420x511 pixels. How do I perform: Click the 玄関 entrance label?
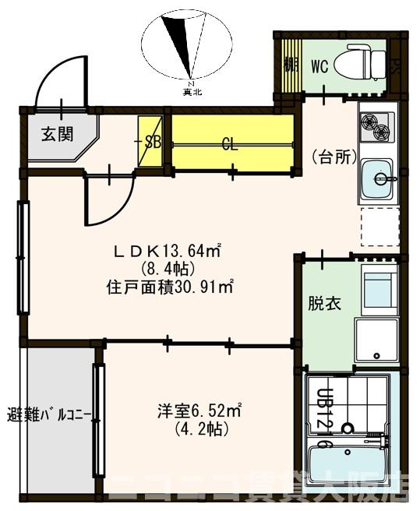(x=58, y=133)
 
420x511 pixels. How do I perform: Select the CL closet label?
(x=229, y=143)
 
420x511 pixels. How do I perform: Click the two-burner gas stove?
(x=376, y=126)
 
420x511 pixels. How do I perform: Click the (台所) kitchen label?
(x=334, y=157)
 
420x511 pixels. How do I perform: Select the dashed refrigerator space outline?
(x=379, y=227)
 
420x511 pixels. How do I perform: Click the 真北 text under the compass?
(x=192, y=92)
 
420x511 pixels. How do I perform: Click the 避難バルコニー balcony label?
(x=50, y=413)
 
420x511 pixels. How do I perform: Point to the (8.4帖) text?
(x=166, y=269)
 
